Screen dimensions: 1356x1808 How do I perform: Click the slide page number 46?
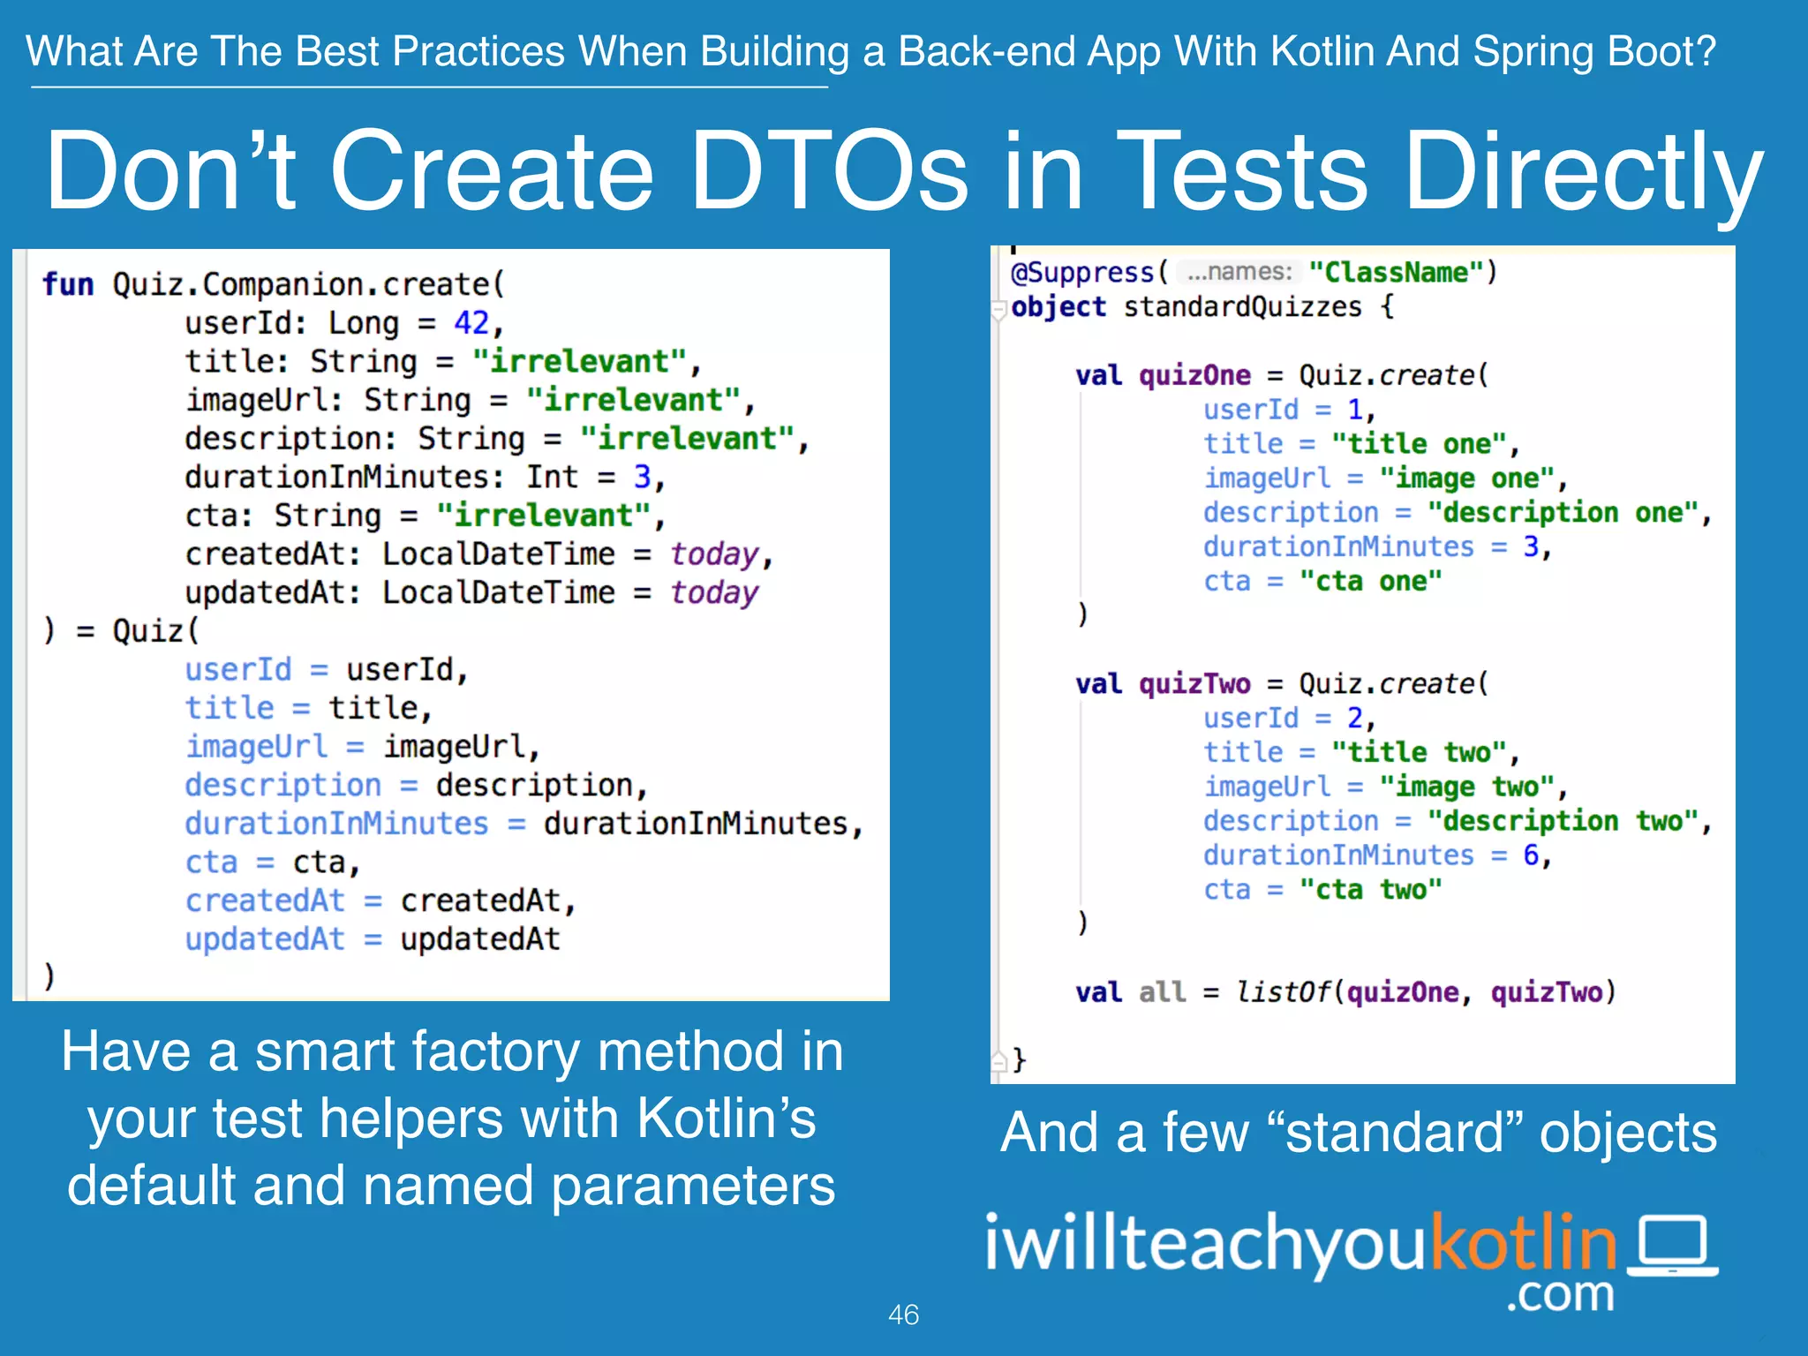pyautogui.click(x=903, y=1315)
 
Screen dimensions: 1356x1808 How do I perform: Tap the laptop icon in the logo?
pyautogui.click(x=1672, y=1246)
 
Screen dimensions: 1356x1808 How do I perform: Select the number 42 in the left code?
pyautogui.click(x=471, y=323)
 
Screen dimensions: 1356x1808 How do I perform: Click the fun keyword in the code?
pyautogui.click(x=67, y=284)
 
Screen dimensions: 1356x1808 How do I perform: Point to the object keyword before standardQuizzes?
pyautogui.click(x=1058, y=307)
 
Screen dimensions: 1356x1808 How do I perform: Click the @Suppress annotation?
pyautogui.click(x=1081, y=272)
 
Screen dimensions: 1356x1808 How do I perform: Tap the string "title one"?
pyautogui.click(x=1419, y=443)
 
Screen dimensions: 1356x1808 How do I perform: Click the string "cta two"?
pyautogui.click(x=1370, y=889)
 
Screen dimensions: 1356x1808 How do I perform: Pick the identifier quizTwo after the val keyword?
pyautogui.click(x=1194, y=683)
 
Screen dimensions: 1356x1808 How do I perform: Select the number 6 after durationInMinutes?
pyautogui.click(x=1531, y=855)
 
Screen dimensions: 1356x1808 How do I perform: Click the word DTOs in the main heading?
pyautogui.click(x=829, y=171)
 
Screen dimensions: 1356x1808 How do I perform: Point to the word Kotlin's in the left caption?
pyautogui.click(x=726, y=1119)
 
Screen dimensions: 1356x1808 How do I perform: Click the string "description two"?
pyautogui.click(x=1563, y=821)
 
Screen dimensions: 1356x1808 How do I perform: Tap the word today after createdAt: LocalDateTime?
pyautogui.click(x=714, y=554)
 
